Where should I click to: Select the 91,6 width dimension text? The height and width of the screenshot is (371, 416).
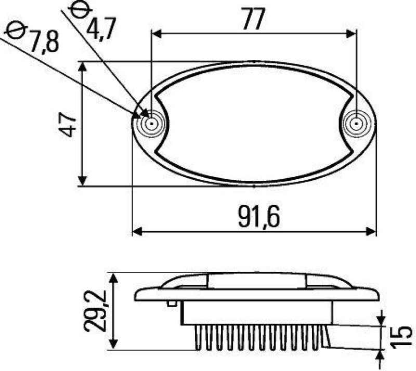pos(259,217)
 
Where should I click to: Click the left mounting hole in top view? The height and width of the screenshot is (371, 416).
pos(151,124)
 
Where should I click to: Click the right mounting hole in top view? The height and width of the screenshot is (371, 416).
pos(356,124)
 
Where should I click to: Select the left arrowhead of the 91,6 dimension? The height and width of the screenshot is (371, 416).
pos(137,231)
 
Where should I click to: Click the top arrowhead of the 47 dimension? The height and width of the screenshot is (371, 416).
pos(82,66)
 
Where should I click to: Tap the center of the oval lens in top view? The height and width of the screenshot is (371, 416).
pos(254,124)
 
